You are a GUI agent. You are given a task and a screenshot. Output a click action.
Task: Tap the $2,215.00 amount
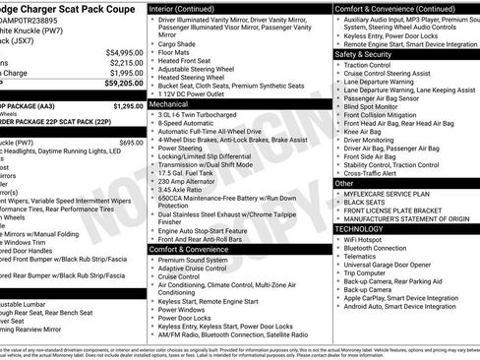[124, 62]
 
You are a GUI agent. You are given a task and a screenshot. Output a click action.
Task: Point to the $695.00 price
[125, 143]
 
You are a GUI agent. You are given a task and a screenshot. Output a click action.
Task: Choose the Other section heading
[344, 183]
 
